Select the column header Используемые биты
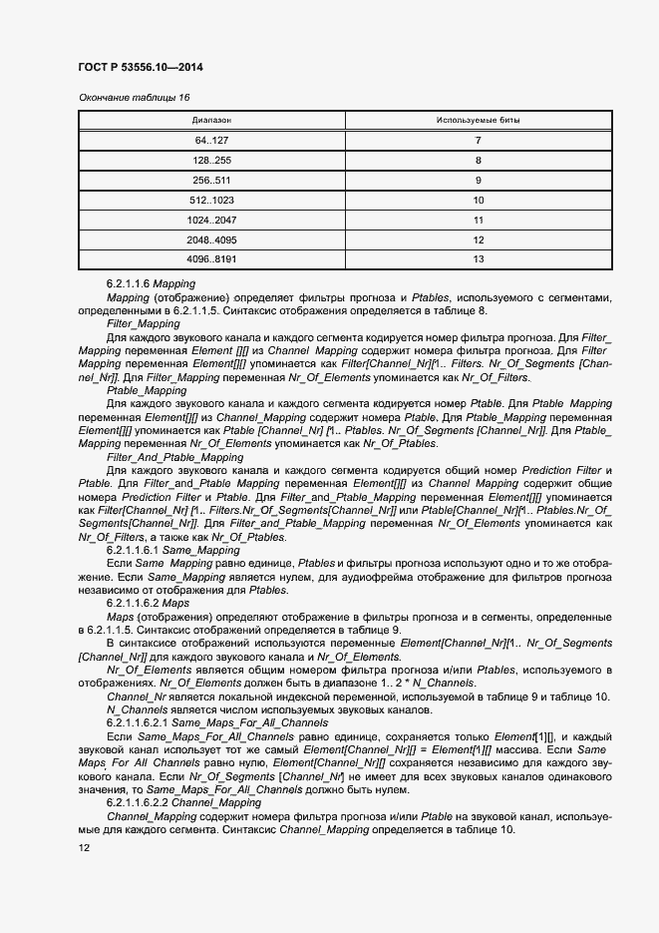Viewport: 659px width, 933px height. tap(478, 120)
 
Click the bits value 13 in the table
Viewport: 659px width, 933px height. tap(478, 259)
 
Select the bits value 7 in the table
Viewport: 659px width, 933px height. tap(478, 140)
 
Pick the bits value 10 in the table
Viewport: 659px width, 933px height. tap(478, 200)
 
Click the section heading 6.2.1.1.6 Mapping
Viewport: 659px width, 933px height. tap(151, 284)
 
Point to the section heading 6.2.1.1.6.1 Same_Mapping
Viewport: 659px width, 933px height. tap(172, 550)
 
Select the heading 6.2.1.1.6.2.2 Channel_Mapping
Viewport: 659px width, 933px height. tap(183, 801)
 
